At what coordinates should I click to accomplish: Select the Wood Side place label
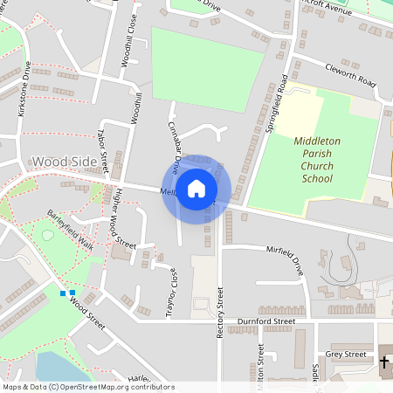(x=63, y=162)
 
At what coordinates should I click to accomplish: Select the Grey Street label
(x=346, y=355)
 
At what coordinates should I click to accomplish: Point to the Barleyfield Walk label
(x=70, y=229)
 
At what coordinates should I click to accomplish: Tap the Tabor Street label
(x=103, y=148)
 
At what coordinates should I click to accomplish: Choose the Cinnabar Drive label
(x=172, y=145)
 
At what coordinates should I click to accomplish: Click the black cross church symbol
(x=384, y=359)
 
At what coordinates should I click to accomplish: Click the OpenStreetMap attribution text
(x=87, y=387)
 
